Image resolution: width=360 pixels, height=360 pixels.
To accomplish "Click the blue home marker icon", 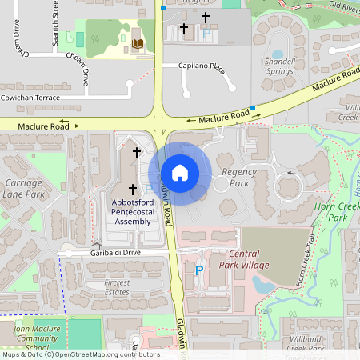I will point(180,173).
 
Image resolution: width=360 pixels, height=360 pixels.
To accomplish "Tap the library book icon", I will point(138,42).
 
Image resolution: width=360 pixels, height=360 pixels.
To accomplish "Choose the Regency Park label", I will point(238,178).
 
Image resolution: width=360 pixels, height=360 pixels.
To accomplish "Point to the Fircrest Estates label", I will point(106,287).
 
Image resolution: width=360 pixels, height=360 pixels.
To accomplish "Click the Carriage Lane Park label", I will point(23,188).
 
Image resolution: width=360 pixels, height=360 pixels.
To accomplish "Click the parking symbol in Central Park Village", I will point(199,270).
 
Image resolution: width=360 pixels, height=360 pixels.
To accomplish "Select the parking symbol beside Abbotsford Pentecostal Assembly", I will point(149,190).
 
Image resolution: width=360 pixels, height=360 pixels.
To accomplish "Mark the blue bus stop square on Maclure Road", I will point(253,107).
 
